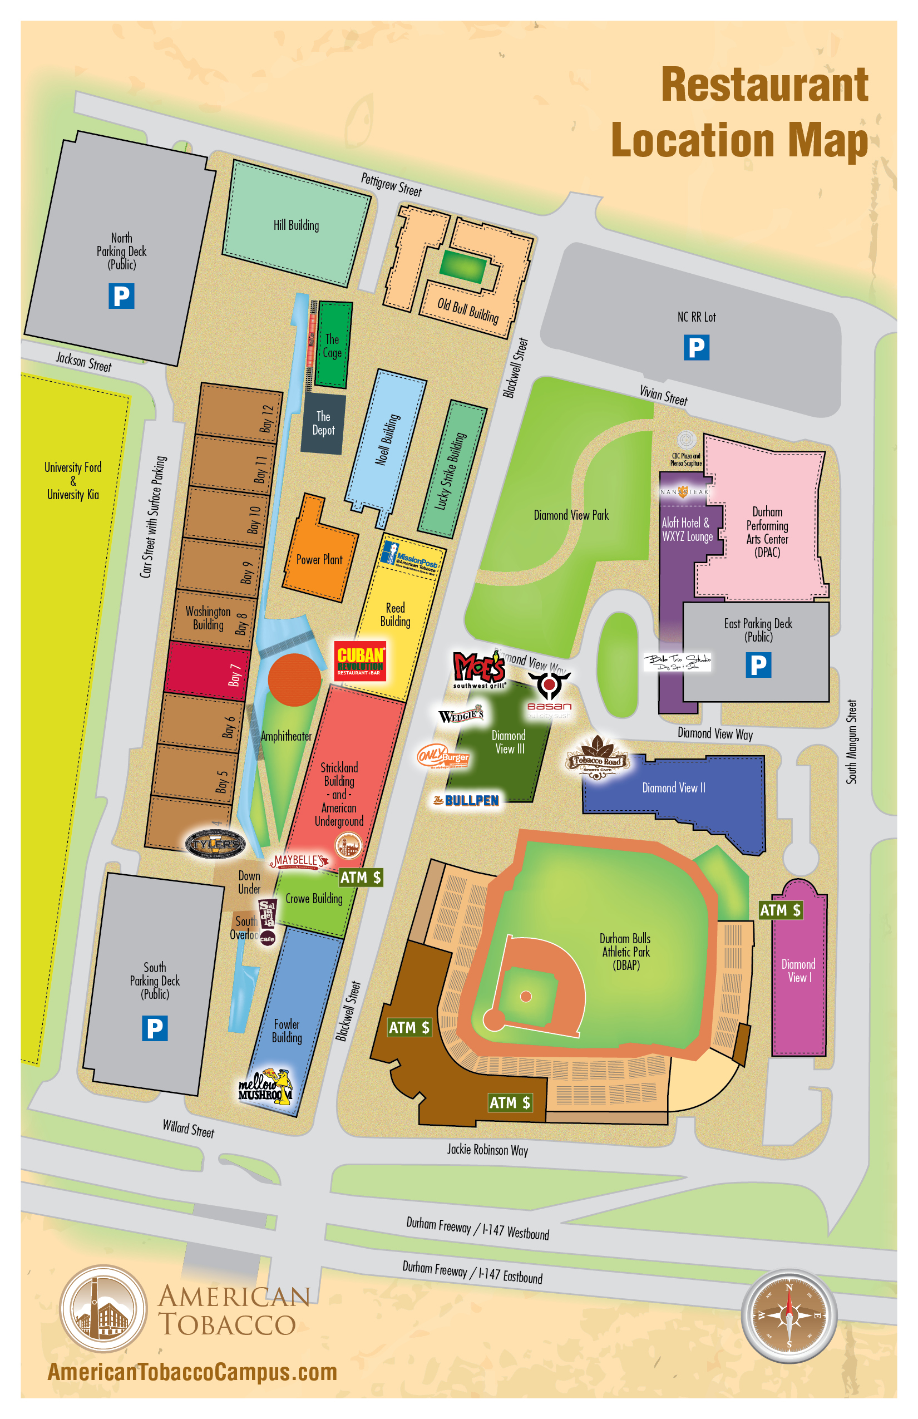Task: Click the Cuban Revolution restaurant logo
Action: click(x=360, y=661)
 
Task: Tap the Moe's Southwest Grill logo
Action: click(x=479, y=668)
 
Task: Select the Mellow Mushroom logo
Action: click(x=265, y=1086)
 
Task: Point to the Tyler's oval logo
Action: click(x=215, y=843)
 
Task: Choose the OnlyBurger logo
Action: click(x=443, y=757)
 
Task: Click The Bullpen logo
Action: click(x=466, y=801)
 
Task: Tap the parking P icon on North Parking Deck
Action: click(x=121, y=295)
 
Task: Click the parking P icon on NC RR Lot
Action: click(x=696, y=347)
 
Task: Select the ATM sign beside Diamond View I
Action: click(x=780, y=910)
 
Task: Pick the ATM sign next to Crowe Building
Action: click(x=360, y=877)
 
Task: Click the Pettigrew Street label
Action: click(x=391, y=184)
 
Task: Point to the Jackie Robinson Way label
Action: click(x=487, y=1150)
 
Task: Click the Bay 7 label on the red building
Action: click(x=234, y=675)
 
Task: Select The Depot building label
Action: click(x=323, y=423)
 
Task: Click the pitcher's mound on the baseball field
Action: click(x=526, y=996)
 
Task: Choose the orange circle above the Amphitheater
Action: click(x=294, y=679)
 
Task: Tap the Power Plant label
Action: click(x=319, y=559)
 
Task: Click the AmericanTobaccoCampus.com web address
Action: click(x=192, y=1372)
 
